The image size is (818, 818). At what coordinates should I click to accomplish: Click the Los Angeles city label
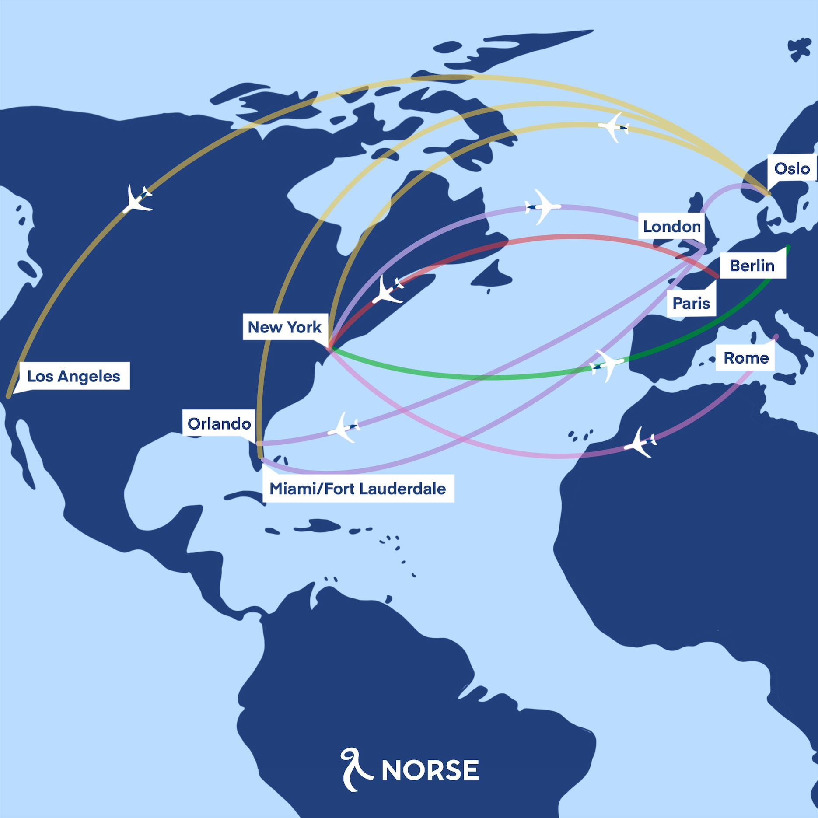73,376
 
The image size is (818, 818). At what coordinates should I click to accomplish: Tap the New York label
285,327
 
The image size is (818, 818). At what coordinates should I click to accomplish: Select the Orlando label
219,423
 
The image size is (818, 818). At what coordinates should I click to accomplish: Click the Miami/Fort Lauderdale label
358,488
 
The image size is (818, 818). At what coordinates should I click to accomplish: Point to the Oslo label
792,168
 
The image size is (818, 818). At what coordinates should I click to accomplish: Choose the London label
671,226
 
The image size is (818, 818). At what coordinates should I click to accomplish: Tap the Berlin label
752,265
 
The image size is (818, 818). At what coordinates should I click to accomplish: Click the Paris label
691,303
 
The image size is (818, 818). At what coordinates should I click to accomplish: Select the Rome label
746,357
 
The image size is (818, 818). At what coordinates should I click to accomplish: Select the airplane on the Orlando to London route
346,427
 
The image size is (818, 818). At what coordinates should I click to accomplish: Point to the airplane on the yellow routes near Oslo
614,127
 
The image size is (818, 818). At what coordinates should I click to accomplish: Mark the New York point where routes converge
329,348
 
